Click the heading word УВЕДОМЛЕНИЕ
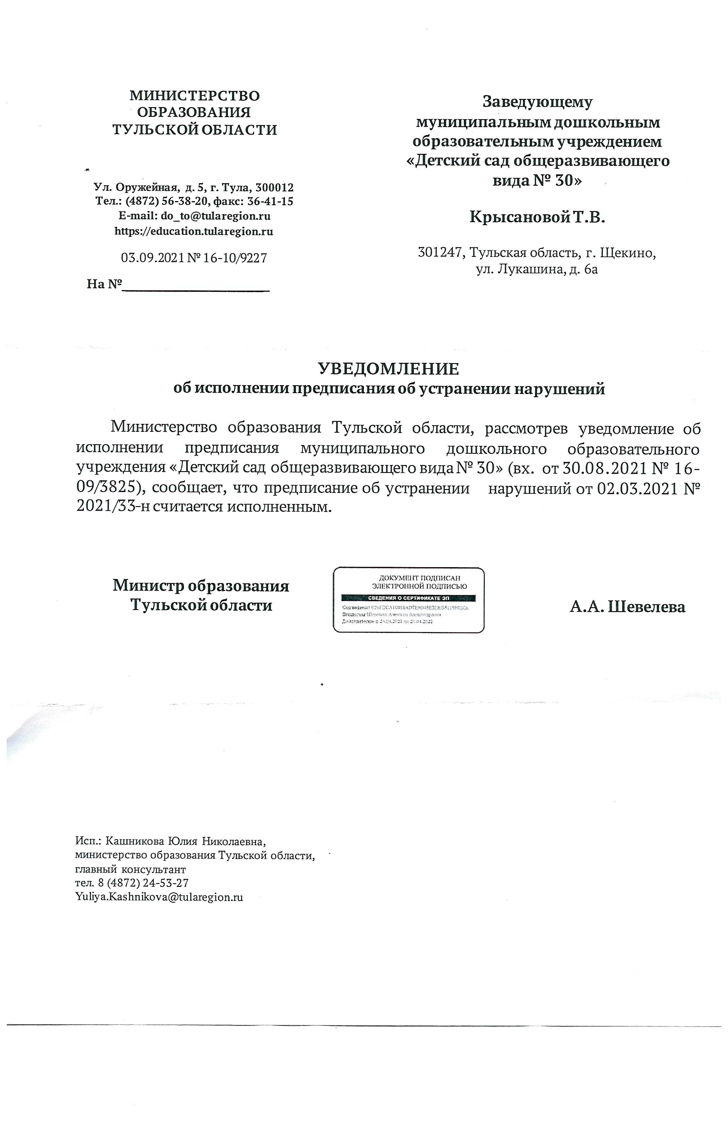pos(388,369)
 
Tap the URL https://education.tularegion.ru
pos(194,232)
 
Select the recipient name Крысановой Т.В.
pos(537,217)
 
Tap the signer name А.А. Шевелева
pos(627,607)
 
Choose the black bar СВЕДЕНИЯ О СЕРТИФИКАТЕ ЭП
pos(408,598)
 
